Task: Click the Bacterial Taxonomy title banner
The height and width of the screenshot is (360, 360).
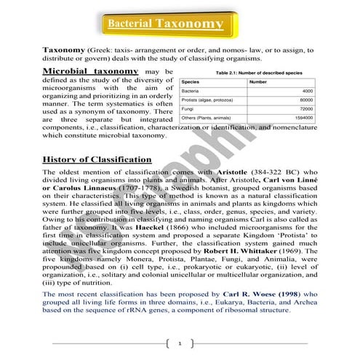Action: coord(166,23)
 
